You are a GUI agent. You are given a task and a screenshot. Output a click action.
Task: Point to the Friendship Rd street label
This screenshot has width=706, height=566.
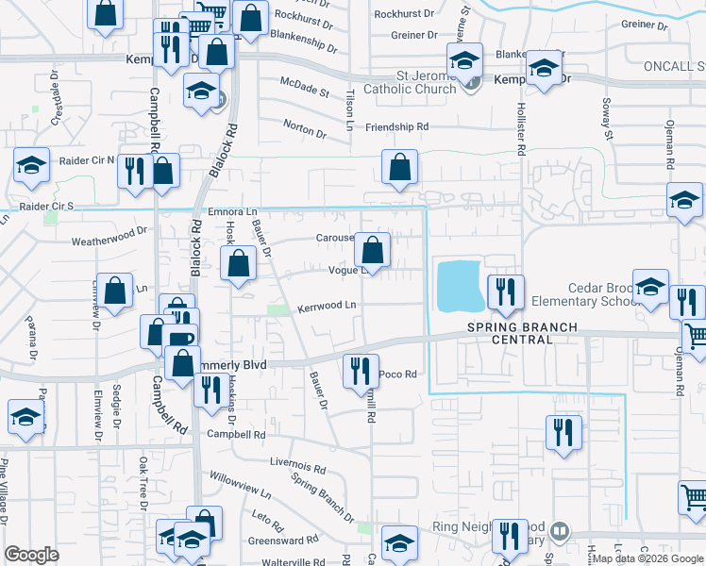point(396,126)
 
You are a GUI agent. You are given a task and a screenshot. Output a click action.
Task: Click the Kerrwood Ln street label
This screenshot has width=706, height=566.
point(327,306)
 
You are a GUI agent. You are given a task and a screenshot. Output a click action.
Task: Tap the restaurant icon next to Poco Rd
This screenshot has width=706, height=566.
point(360,371)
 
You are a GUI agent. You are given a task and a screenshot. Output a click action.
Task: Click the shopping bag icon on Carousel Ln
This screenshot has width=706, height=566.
point(373,251)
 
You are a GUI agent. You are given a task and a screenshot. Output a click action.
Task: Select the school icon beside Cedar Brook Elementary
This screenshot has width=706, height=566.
point(650,286)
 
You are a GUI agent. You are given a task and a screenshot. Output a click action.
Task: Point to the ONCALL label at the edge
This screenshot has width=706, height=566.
point(674,66)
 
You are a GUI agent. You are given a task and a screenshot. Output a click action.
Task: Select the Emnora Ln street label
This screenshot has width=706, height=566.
point(233,212)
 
